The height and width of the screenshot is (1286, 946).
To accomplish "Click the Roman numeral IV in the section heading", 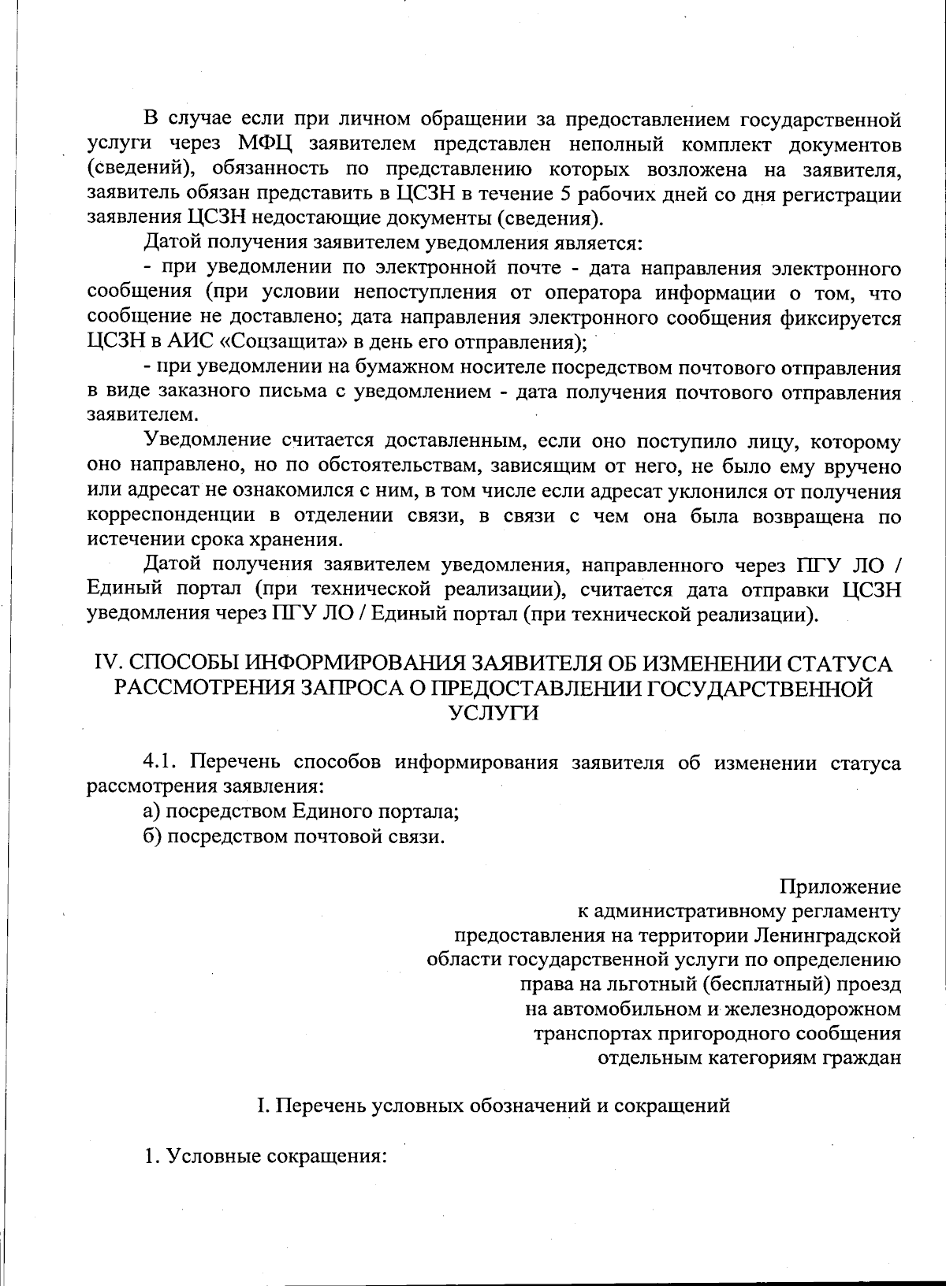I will click(x=104, y=663).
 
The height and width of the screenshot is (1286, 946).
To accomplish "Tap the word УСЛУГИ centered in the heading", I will click(x=494, y=712).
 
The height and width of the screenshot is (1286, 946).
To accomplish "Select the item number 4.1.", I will click(x=162, y=762).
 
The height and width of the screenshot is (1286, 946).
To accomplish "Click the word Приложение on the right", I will click(x=840, y=886).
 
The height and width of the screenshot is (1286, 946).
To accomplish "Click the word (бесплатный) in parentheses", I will click(x=758, y=984).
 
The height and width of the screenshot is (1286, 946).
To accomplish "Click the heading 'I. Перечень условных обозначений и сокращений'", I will click(x=494, y=1106).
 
